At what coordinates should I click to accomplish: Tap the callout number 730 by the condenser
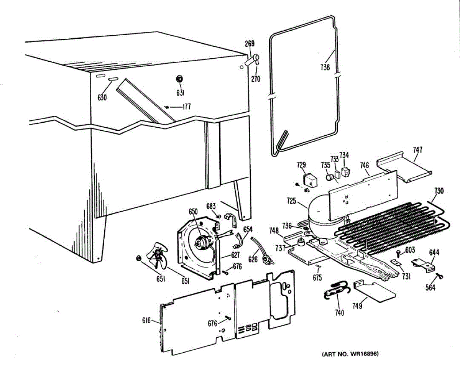[439, 191]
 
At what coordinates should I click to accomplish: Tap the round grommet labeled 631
[179, 79]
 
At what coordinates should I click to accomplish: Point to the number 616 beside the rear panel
[146, 321]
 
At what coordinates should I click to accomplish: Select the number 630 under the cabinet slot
[102, 97]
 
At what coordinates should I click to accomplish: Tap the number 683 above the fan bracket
[211, 207]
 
